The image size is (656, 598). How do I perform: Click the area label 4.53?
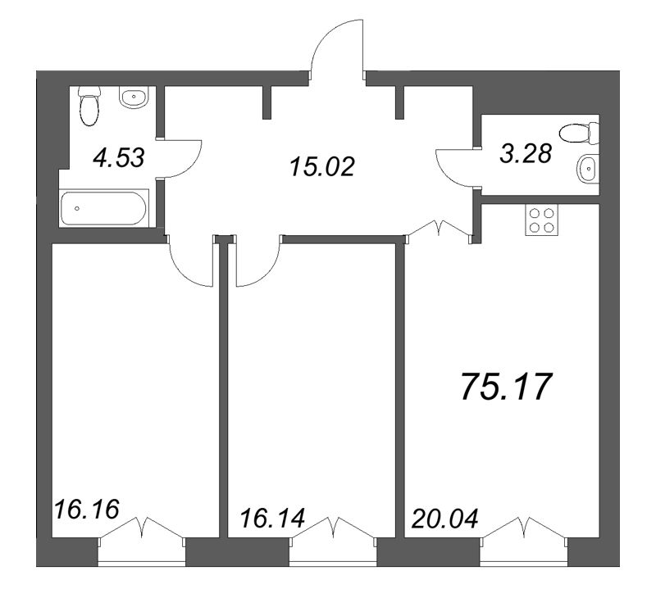click(x=119, y=156)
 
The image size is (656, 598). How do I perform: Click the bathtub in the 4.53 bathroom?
click(x=104, y=207)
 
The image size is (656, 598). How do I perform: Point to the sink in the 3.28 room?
click(x=587, y=170)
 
